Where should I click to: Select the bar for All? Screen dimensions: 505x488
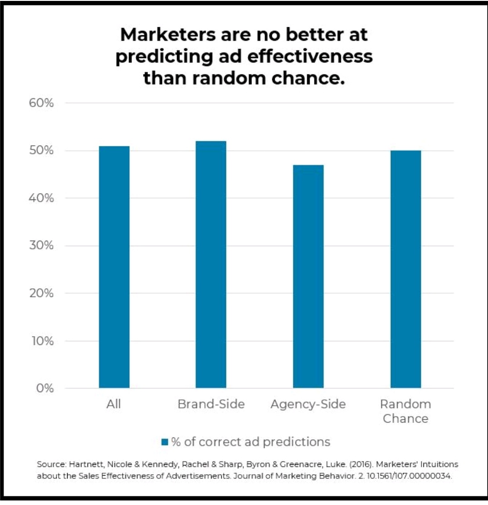[114, 267]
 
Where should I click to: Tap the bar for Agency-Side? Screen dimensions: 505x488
[308, 277]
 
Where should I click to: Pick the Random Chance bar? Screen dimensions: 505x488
[405, 269]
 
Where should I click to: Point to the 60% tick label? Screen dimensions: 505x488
[42, 103]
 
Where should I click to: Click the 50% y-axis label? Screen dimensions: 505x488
[42, 151]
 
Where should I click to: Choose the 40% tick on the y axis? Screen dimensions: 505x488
[42, 198]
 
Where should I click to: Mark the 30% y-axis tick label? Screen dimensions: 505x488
[42, 246]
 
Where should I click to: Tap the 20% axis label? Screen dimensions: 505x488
[42, 293]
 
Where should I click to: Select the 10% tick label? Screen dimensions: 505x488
[42, 341]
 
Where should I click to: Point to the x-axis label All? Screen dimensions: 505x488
[114, 404]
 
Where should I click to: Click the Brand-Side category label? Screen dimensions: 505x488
[211, 404]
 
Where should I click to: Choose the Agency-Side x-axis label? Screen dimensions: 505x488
[308, 404]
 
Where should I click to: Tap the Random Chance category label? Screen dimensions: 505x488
[405, 411]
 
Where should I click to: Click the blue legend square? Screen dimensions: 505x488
[165, 442]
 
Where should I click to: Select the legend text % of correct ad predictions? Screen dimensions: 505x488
[250, 442]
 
